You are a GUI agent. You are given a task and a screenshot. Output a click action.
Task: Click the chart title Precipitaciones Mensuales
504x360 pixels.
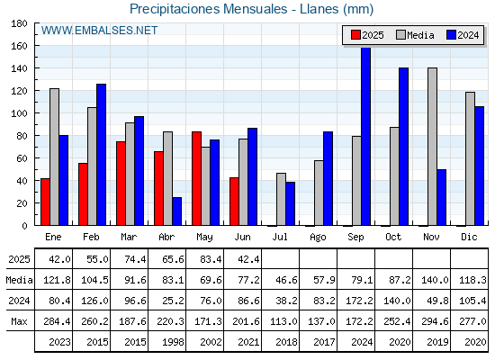coord(209,9)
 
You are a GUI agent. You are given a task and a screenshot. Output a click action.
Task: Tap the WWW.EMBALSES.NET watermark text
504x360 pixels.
coord(99,31)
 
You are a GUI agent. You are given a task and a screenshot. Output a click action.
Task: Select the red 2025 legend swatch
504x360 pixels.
coord(355,35)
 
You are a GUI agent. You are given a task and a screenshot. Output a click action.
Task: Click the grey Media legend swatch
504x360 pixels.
coord(400,35)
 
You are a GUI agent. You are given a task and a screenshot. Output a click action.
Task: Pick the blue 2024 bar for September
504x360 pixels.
coord(365,136)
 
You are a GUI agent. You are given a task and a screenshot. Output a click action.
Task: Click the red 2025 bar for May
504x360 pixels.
coord(196,178)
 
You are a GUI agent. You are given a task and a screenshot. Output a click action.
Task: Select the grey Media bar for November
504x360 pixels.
coord(432,147)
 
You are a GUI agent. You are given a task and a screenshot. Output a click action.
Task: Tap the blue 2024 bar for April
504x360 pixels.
coord(176,211)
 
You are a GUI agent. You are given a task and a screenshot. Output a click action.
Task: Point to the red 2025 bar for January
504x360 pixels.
coord(45,202)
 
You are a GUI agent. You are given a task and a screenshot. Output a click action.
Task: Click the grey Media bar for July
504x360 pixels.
coord(281,199)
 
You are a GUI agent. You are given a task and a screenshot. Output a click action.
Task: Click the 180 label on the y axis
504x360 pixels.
coord(19,23)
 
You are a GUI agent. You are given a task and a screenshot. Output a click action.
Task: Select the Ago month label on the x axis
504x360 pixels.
coord(318,238)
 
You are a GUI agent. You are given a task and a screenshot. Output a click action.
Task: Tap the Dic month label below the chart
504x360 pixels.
coord(469,237)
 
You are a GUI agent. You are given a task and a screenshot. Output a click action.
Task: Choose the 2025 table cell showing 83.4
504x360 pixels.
coord(211,259)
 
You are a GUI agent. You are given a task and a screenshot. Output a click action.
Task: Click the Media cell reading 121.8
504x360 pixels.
coord(57,280)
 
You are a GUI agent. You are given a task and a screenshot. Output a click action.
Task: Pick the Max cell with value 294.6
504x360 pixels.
coord(435,321)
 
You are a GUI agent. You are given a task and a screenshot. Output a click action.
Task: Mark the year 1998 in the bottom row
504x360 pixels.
coord(173,342)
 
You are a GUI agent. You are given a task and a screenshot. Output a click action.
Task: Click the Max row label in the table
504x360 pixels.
coord(19,321)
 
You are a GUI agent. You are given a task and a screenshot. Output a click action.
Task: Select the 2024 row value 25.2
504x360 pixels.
coord(173,301)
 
